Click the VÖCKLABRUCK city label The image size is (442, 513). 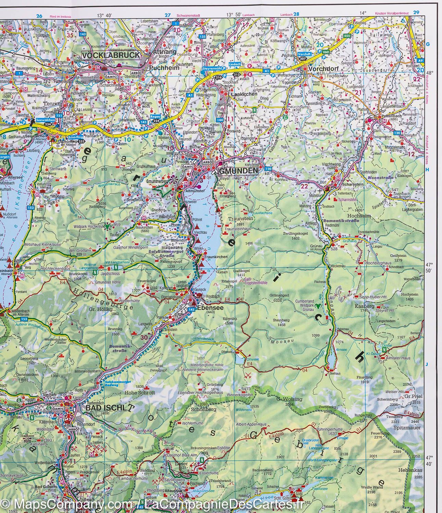(111, 55)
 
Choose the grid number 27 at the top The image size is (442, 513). (167, 15)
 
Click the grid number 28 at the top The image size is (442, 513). (296, 14)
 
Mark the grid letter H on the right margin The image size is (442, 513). (427, 169)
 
